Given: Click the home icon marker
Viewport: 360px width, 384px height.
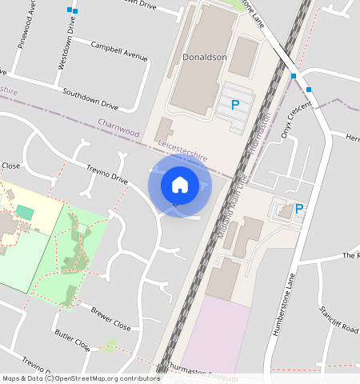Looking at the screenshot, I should coord(180,185).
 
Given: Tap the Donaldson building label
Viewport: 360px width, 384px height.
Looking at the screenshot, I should coord(205,58).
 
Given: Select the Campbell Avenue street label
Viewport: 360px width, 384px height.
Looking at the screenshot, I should coord(120,50).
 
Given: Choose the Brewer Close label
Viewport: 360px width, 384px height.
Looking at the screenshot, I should coord(110,318).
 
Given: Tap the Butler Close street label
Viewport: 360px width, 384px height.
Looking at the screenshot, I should coord(72,339).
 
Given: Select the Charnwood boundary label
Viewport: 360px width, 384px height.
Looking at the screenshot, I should coord(118,127).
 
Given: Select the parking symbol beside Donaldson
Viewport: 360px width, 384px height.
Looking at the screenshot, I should coord(235,105).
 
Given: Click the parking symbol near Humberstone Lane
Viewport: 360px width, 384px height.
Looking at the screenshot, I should coord(299,209).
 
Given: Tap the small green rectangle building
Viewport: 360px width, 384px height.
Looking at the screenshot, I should coord(26,213).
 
